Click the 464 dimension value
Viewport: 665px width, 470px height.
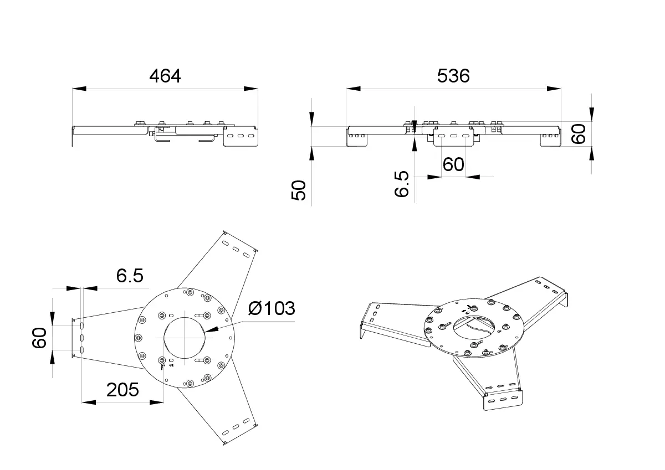click(165, 76)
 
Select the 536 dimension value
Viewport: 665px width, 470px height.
click(453, 76)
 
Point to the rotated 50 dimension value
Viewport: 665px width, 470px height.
click(299, 190)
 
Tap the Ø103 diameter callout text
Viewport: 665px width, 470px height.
click(272, 308)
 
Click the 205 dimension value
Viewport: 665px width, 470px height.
click(122, 390)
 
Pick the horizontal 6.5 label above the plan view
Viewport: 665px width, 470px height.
click(130, 276)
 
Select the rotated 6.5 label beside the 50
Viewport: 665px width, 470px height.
click(402, 184)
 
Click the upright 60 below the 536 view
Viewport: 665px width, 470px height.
click(453, 164)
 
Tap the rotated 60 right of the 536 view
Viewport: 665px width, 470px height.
click(579, 134)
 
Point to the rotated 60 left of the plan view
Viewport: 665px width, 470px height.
click(39, 338)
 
